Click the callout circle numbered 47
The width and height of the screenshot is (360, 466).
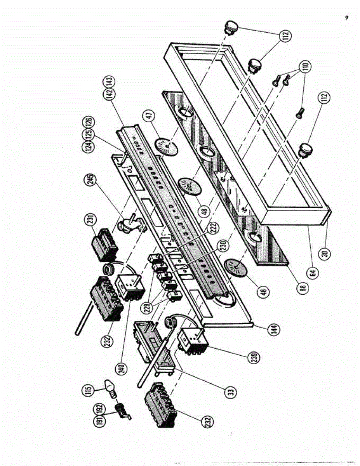pyautogui.click(x=150, y=118)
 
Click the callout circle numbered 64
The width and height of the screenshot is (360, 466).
pyautogui.click(x=315, y=272)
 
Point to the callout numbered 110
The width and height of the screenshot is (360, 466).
pyautogui.click(x=306, y=64)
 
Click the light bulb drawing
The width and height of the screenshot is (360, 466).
pyautogui.click(x=111, y=387)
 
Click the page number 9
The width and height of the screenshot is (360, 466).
pyautogui.click(x=346, y=18)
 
